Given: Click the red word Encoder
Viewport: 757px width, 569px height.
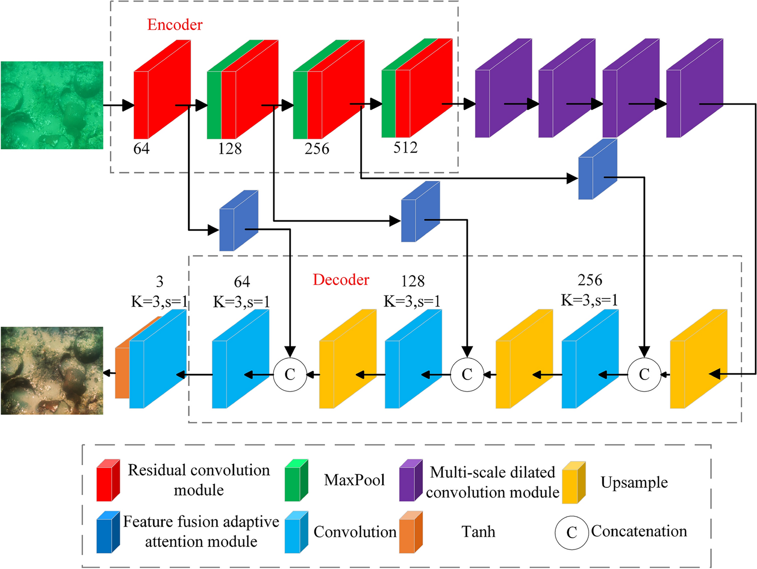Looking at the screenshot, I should (174, 25).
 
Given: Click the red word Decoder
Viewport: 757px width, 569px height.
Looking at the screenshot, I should (341, 280).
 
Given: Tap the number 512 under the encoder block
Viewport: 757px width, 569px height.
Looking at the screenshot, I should (405, 148).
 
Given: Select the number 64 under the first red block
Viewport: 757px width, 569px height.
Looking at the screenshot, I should (141, 149).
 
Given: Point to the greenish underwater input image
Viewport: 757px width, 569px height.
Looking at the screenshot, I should (52, 105).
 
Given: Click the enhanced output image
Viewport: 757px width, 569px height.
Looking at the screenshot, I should (52, 370).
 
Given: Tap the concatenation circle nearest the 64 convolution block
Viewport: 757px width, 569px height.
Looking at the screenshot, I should (290, 374).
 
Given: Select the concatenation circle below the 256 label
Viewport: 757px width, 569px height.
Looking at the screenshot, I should (644, 374).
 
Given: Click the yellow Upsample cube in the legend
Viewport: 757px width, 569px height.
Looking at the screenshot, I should (573, 482).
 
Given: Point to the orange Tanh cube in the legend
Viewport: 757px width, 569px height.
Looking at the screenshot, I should (410, 532).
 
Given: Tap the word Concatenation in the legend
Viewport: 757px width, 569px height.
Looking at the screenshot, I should (639, 531).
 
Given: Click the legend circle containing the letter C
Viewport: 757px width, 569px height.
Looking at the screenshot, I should (572, 532).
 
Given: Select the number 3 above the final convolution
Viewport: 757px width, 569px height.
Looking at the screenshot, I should (159, 281).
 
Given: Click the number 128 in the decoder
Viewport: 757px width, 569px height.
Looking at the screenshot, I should (412, 281).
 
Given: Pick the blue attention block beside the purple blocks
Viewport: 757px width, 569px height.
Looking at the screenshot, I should (597, 170).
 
